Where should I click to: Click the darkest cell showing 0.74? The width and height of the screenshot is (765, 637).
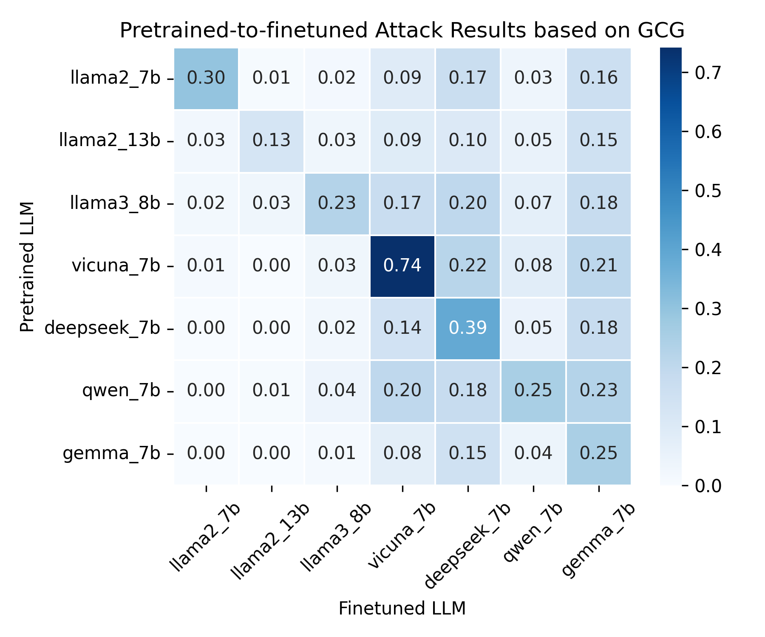click(402, 266)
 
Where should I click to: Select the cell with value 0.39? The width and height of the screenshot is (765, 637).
click(467, 328)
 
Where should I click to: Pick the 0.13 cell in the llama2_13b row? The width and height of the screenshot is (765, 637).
click(271, 141)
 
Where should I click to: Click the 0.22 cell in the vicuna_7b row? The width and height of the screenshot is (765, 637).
click(467, 266)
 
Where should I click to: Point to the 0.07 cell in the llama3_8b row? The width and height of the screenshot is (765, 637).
click(533, 203)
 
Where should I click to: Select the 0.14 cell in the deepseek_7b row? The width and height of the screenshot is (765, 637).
click(402, 328)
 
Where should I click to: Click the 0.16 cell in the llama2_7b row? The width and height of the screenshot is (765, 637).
click(598, 78)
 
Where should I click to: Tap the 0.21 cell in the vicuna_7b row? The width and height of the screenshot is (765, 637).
click(598, 266)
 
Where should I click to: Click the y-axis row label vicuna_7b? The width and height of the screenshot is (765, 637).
click(116, 266)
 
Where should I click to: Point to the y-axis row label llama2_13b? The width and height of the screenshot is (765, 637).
click(110, 141)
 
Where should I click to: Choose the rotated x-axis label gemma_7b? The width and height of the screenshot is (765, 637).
click(598, 539)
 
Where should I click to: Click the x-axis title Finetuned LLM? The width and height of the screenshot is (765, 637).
click(402, 609)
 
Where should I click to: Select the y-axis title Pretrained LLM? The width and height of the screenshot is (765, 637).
click(27, 267)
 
